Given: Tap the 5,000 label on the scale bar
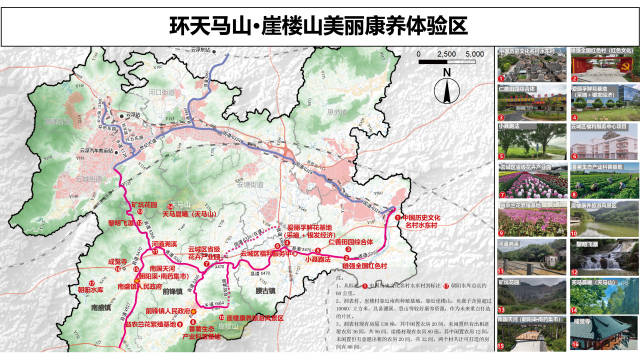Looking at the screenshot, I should (474, 52).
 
